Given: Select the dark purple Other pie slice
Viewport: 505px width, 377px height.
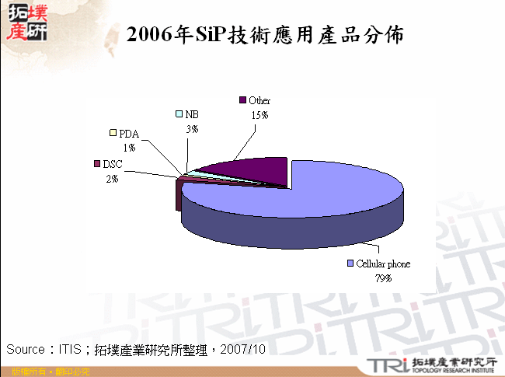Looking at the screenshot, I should pyautogui.click(x=249, y=169).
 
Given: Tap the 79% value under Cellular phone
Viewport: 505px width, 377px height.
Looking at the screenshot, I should pyautogui.click(x=382, y=278).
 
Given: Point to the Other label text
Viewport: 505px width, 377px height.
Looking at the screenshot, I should pyautogui.click(x=259, y=101).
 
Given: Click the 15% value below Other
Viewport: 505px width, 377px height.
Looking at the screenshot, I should pyautogui.click(x=259, y=114).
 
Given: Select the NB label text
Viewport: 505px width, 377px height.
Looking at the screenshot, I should pyautogui.click(x=192, y=114).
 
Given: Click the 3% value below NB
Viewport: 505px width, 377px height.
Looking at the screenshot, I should pyautogui.click(x=191, y=128).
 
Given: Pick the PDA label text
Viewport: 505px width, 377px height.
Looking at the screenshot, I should pyautogui.click(x=129, y=134).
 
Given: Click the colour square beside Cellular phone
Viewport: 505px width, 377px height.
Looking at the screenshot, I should pyautogui.click(x=350, y=264).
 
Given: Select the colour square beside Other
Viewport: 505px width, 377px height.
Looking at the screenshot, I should pyautogui.click(x=242, y=100).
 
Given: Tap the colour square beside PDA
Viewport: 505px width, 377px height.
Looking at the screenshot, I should pyautogui.click(x=113, y=133).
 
